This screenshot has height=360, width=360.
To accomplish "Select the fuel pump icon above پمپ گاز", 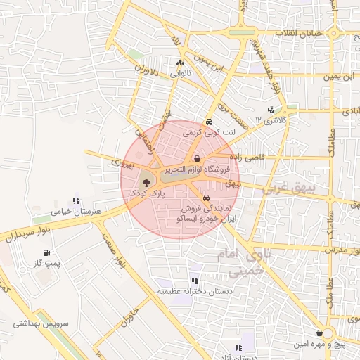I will pyautogui.click(x=46, y=252).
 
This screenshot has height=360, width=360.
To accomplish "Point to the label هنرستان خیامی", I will pyautogui.click(x=77, y=211).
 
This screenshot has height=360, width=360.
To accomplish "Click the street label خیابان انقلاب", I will pyautogui.click(x=298, y=33).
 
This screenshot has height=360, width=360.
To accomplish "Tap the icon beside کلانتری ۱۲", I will pyautogui.click(x=271, y=109).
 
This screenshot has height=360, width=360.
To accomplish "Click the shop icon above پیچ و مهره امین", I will pyautogui.click(x=321, y=333).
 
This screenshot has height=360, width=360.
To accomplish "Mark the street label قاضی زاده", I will pyautogui.click(x=251, y=157).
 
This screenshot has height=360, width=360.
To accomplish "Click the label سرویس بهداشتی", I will pyautogui.click(x=41, y=324).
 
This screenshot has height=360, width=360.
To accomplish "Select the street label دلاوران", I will pyautogui.click(x=143, y=79).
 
